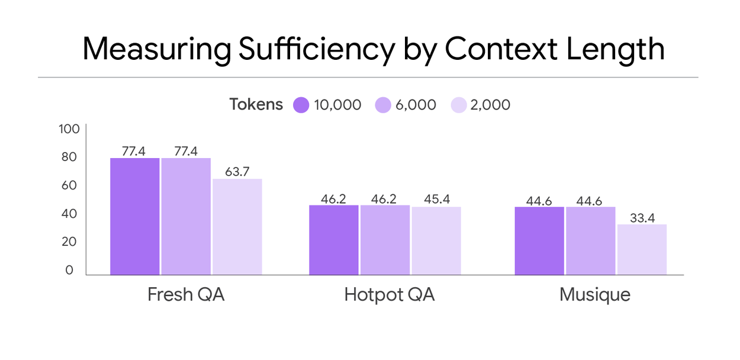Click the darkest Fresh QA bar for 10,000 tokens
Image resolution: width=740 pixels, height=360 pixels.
click(135, 216)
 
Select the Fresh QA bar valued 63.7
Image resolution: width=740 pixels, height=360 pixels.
click(237, 227)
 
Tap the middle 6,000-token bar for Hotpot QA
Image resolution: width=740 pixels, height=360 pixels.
click(384, 240)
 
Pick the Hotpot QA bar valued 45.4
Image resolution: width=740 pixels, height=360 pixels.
click(436, 240)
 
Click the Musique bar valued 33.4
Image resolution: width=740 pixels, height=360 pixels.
click(642, 249)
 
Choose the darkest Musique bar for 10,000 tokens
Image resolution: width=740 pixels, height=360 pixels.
click(539, 240)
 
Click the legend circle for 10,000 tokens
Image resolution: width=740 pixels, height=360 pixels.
click(301, 105)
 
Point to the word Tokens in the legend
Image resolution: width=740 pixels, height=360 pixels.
click(256, 105)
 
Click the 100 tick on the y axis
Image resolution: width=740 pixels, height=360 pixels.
click(69, 129)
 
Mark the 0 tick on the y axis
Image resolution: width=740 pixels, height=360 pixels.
click(69, 270)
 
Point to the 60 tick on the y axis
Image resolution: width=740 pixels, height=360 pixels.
click(69, 185)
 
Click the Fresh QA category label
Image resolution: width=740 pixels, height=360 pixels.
click(186, 294)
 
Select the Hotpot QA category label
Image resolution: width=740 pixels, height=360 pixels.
click(389, 294)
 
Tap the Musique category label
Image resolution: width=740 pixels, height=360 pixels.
click(594, 294)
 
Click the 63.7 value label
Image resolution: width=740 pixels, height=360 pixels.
click(237, 172)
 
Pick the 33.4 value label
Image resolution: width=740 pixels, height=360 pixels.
click(642, 218)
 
